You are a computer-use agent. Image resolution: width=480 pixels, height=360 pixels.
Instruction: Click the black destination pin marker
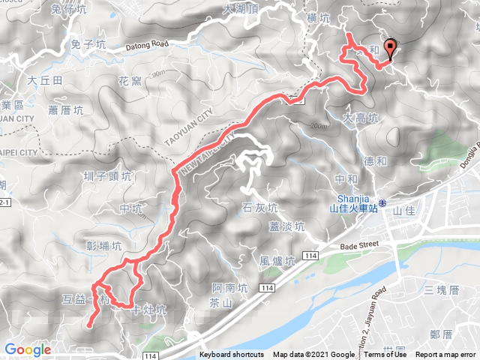(389, 48)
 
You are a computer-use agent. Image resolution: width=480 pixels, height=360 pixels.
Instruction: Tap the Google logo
(28, 349)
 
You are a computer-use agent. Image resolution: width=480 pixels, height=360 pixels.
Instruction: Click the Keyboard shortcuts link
(232, 355)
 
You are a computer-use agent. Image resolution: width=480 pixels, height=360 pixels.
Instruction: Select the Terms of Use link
(381, 355)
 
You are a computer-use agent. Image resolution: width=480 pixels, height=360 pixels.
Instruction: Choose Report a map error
(446, 355)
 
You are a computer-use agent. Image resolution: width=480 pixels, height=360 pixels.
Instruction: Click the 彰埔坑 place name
(103, 245)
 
